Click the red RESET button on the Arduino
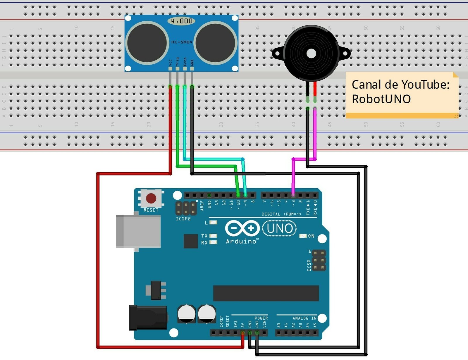click(151, 198)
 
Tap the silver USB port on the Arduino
click(138, 231)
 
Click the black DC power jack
click(148, 317)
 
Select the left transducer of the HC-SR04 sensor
click(147, 43)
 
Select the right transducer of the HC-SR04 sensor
click(216, 43)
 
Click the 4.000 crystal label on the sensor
click(182, 21)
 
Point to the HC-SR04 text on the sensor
click(182, 42)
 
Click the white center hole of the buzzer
click(311, 54)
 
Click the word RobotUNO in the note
click(381, 99)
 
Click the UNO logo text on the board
click(279, 228)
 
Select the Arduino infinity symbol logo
click(242, 228)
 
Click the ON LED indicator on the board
click(303, 236)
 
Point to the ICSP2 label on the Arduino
click(183, 219)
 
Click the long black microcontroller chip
click(266, 293)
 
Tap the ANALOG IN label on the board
click(304, 318)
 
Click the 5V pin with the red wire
click(242, 333)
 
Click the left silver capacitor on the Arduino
click(186, 314)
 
